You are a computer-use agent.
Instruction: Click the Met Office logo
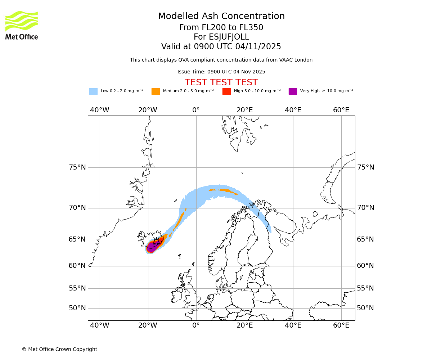pyautogui.click(x=22, y=25)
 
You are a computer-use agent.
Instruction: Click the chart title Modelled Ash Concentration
pyautogui.click(x=221, y=17)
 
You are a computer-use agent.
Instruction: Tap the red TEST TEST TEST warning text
pyautogui.click(x=221, y=82)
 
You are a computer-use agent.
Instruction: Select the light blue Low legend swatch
pyautogui.click(x=93, y=91)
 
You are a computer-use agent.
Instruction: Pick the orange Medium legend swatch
pyautogui.click(x=156, y=91)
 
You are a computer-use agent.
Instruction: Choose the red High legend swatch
pyautogui.click(x=226, y=91)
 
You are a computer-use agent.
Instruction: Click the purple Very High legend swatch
pyautogui.click(x=293, y=91)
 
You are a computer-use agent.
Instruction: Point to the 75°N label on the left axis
pyautogui.click(x=77, y=167)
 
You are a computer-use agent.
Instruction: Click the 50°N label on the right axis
pyautogui.click(x=365, y=308)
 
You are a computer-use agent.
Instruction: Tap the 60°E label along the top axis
pyautogui.click(x=341, y=110)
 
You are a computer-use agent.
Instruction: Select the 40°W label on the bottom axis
pyautogui.click(x=100, y=325)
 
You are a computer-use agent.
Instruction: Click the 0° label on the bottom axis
pyautogui.click(x=196, y=325)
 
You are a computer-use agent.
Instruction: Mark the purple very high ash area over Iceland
pyautogui.click(x=152, y=247)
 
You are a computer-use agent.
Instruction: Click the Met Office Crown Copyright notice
pyautogui.click(x=59, y=350)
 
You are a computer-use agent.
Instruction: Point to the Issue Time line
pyautogui.click(x=221, y=72)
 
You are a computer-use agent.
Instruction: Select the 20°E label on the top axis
pyautogui.click(x=245, y=110)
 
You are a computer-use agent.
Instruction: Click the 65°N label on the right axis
pyautogui.click(x=365, y=239)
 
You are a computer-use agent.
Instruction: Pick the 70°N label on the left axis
pyautogui.click(x=77, y=208)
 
